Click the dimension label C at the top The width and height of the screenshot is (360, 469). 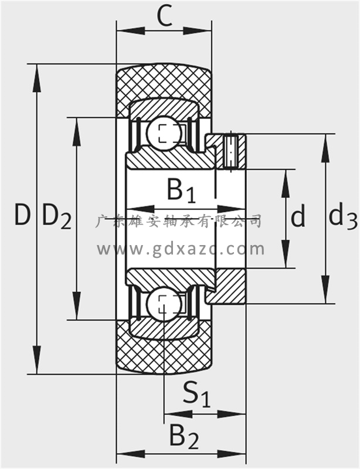pyautogui.click(x=165, y=18)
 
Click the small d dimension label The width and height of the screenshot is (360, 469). pyautogui.click(x=298, y=217)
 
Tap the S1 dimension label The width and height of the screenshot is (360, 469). pyautogui.click(x=196, y=394)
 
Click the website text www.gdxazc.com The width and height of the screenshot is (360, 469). pyautogui.click(x=181, y=250)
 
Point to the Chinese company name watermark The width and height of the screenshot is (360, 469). pyautogui.click(x=178, y=221)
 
